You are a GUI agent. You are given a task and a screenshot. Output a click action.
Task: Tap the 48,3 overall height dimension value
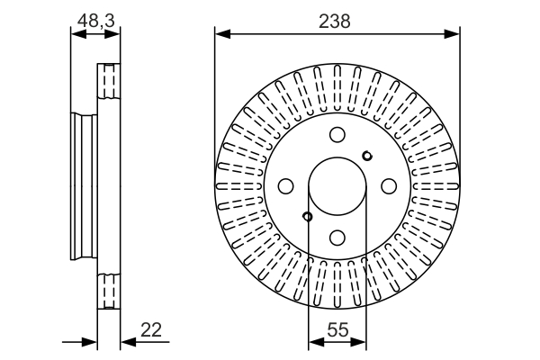coord(95,19)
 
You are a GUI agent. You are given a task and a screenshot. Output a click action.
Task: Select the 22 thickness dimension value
coord(152,330)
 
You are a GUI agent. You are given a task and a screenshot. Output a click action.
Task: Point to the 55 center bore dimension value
coord(337,330)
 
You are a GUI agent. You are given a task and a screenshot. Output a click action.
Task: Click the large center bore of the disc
coord(337,186)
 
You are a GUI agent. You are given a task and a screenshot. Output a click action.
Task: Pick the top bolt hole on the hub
coord(337,136)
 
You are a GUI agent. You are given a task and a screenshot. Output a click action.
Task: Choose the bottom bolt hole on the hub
coord(337,238)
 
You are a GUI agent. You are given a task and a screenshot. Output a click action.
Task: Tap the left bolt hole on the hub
coord(286,186)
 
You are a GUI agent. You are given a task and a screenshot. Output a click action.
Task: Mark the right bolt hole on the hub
coord(389,186)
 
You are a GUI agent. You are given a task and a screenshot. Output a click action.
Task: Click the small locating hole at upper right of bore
coord(366,157)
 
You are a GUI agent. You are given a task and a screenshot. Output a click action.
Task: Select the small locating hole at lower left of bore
coord(308,216)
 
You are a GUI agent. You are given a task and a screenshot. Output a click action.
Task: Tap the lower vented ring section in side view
coord(108,289)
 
